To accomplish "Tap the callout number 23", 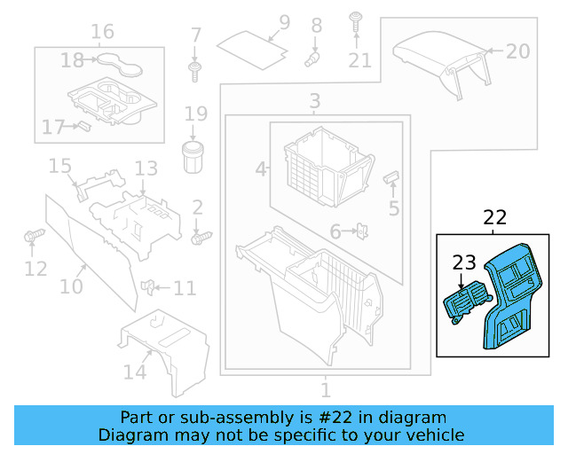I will pos(464,262).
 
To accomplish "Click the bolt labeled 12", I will pos(33,236).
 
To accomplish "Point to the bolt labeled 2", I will pos(201,237).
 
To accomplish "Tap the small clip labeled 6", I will pos(362,231).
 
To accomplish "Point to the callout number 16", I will pos(102,32).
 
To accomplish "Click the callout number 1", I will pos(325,389).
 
